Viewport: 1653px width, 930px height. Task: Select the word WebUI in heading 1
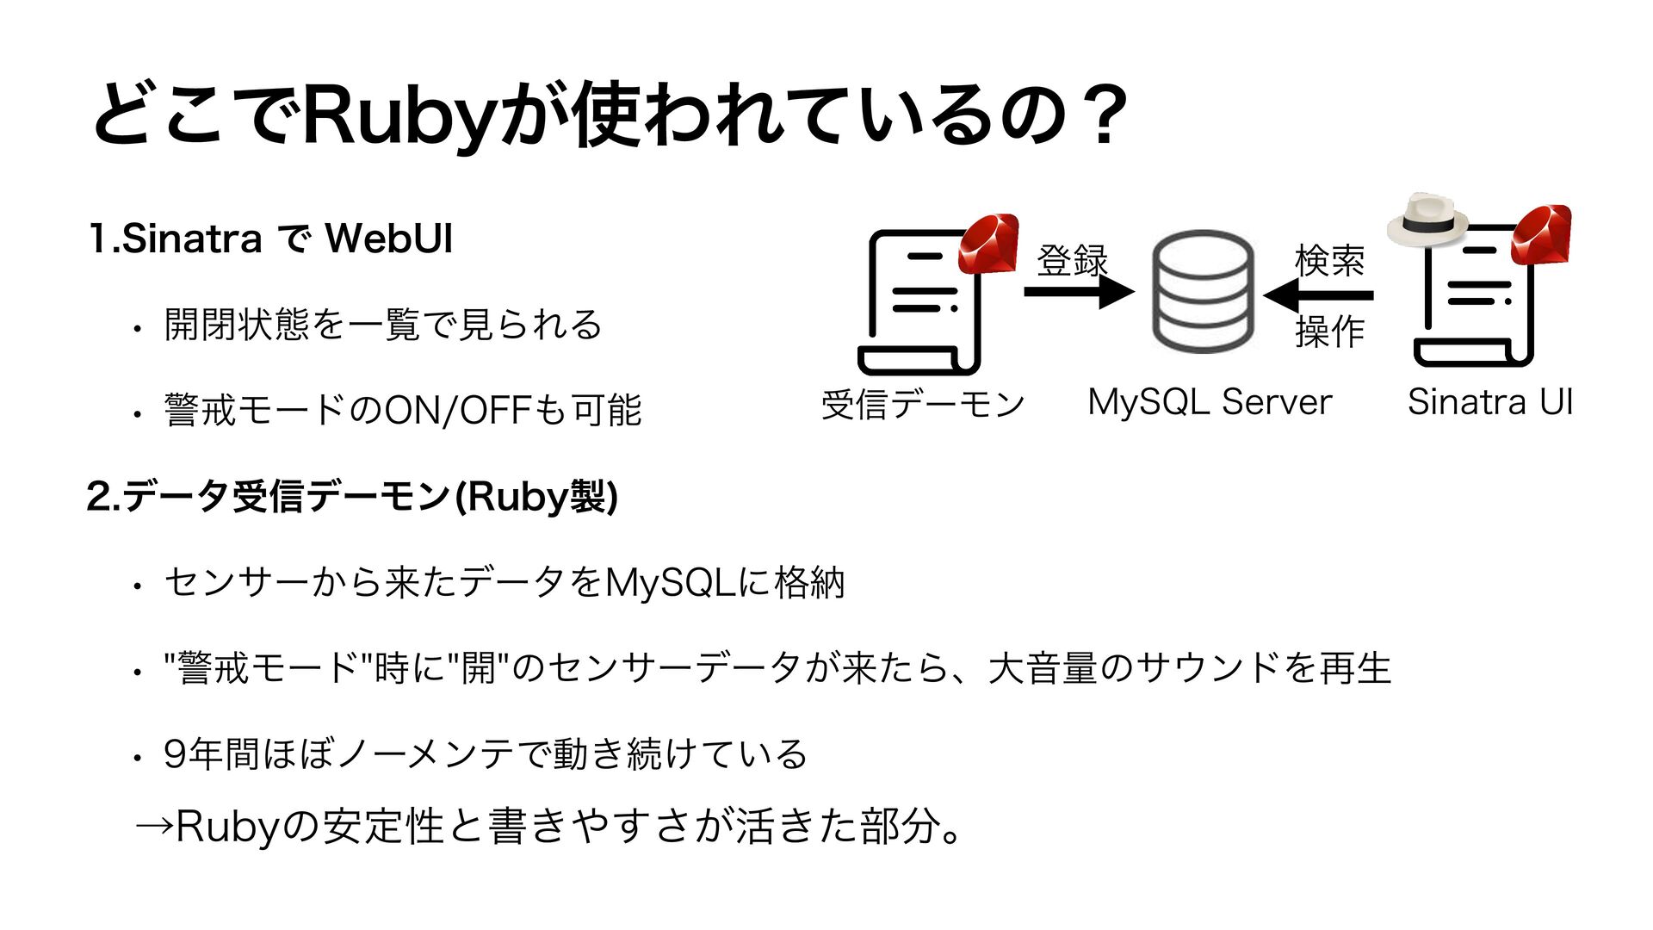point(389,239)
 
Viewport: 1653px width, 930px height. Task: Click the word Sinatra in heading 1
point(192,239)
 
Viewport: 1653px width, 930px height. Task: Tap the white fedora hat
point(1427,220)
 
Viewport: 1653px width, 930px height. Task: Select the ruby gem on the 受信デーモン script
point(988,244)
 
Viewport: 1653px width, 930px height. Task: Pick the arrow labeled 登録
point(1078,293)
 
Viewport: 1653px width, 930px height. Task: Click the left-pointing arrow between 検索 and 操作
point(1318,295)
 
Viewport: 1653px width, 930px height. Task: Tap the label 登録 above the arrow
point(1072,260)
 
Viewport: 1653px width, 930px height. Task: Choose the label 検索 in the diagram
point(1329,260)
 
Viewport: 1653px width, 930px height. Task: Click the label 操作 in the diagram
point(1329,331)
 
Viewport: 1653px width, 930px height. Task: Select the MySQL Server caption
point(1210,402)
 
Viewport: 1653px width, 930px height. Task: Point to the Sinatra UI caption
point(1489,402)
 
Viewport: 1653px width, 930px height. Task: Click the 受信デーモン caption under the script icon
point(923,404)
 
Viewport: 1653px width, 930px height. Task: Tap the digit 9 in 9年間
point(175,754)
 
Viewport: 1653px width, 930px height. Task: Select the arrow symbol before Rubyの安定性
point(154,828)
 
